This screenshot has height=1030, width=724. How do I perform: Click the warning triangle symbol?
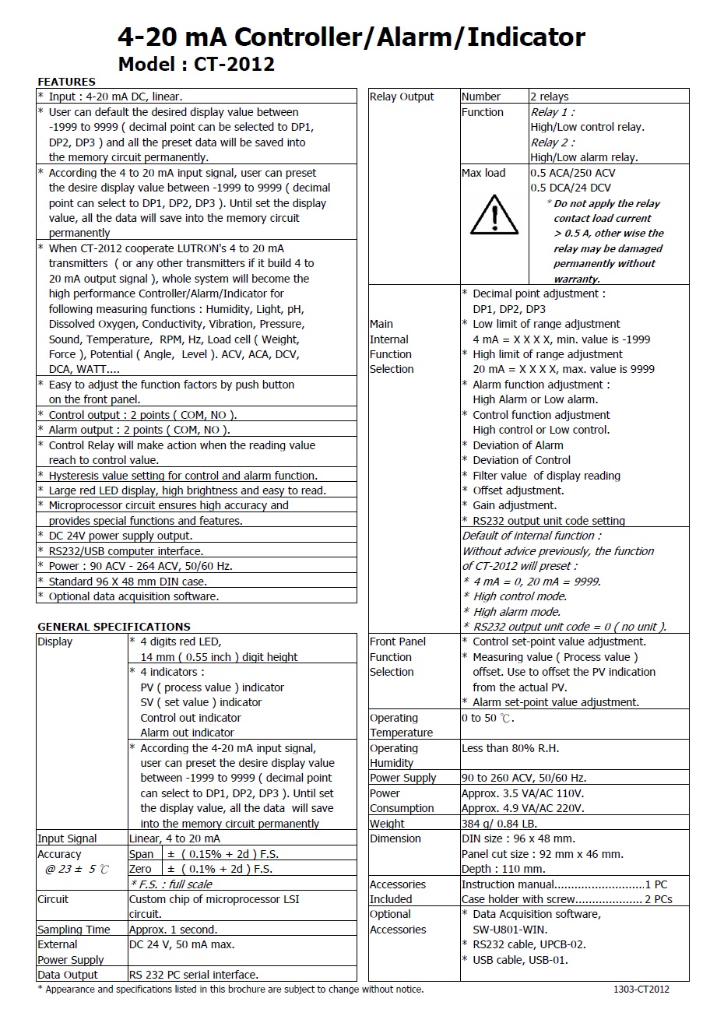pyautogui.click(x=494, y=215)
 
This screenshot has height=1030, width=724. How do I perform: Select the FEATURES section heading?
pyautogui.click(x=66, y=82)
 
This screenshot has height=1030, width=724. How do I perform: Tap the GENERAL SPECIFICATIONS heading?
pyautogui.click(x=114, y=627)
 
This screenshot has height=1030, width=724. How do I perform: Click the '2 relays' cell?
pyautogui.click(x=550, y=97)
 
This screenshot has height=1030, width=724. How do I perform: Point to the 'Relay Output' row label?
pyautogui.click(x=402, y=97)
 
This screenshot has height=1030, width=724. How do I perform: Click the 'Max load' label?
pyautogui.click(x=483, y=173)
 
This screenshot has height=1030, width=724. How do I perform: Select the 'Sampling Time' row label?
pyautogui.click(x=74, y=930)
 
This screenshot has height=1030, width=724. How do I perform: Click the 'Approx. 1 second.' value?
pyautogui.click(x=173, y=930)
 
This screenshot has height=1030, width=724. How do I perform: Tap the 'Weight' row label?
pyautogui.click(x=387, y=824)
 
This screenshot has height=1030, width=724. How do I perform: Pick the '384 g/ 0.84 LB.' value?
pyautogui.click(x=499, y=824)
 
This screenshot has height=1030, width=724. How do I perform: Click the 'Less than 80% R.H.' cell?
pyautogui.click(x=510, y=748)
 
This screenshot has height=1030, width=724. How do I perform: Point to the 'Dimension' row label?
pyautogui.click(x=395, y=838)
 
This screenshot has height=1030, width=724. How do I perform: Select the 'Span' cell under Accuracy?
pyautogui.click(x=142, y=854)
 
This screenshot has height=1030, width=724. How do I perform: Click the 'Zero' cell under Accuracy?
pyautogui.click(x=141, y=869)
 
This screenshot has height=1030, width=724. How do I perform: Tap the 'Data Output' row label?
pyautogui.click(x=68, y=975)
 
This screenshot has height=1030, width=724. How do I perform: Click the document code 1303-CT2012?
pyautogui.click(x=641, y=990)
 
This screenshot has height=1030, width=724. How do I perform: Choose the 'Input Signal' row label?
pyautogui.click(x=68, y=838)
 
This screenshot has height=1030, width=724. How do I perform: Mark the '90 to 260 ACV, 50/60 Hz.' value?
pyautogui.click(x=524, y=778)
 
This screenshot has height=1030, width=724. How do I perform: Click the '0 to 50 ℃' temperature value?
pyautogui.click(x=487, y=718)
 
